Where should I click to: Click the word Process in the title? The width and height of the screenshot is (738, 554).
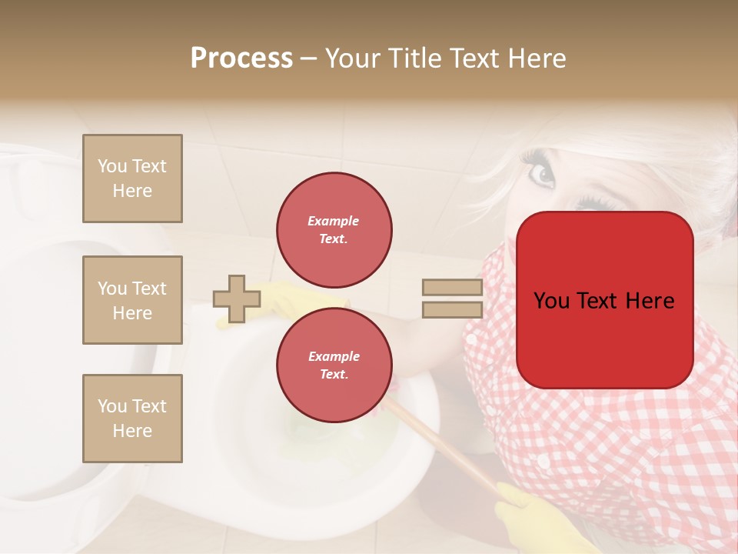241,58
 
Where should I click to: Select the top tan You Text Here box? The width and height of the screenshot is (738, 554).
132,179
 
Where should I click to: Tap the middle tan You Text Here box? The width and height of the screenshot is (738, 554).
132,300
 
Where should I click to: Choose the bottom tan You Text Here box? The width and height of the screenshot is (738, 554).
132,419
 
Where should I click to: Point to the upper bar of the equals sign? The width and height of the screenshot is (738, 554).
452,288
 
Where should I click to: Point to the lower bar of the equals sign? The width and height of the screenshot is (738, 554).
452,310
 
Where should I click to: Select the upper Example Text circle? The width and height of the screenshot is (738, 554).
334,230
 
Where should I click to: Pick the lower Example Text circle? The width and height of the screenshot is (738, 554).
334,365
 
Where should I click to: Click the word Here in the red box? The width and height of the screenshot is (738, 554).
650,301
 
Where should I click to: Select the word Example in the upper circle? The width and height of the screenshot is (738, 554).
334,221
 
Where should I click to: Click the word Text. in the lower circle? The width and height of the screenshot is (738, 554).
334,374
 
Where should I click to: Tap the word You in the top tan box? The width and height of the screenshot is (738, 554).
111,166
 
